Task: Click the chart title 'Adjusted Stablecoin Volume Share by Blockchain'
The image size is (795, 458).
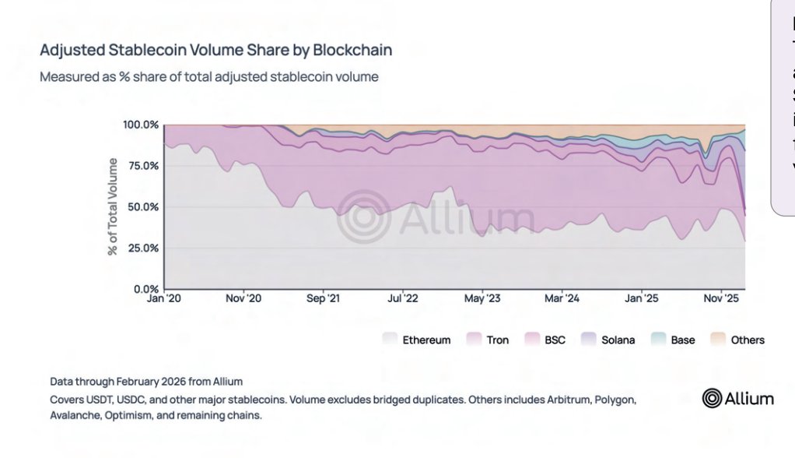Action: coord(215,51)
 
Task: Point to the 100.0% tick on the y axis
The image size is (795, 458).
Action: coord(141,125)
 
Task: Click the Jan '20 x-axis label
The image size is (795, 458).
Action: coord(163,298)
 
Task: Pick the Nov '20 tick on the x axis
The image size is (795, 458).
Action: coord(243,298)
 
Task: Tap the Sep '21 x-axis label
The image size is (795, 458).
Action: coord(323,298)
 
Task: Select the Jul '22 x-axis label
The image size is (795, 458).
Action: coord(404,298)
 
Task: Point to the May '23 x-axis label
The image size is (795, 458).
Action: coord(483,298)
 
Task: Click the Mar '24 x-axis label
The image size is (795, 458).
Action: coord(562,298)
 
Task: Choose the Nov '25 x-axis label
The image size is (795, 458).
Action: coord(721,298)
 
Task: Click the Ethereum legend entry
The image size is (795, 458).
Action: coord(416,340)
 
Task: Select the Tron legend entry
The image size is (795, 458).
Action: coord(488,340)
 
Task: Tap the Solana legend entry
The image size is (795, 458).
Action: coord(608,340)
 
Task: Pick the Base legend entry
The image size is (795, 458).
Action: coord(673,340)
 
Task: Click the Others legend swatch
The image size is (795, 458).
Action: coord(718,340)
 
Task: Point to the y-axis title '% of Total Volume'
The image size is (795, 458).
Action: coord(114,206)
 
